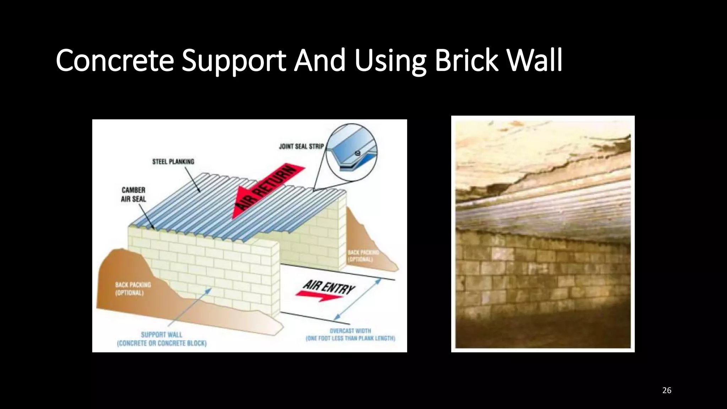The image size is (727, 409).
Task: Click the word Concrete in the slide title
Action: [115, 60]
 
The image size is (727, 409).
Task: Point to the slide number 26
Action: [667, 391]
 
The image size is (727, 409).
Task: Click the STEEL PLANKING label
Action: [173, 162]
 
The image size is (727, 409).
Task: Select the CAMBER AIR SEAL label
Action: [133, 195]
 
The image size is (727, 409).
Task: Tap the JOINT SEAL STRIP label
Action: [301, 146]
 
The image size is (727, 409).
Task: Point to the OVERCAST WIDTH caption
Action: [350, 334]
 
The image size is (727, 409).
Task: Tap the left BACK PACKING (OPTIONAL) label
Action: [132, 289]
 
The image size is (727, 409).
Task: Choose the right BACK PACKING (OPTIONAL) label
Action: [363, 256]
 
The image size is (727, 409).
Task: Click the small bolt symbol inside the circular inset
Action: [357, 153]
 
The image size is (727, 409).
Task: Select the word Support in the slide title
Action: [234, 61]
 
